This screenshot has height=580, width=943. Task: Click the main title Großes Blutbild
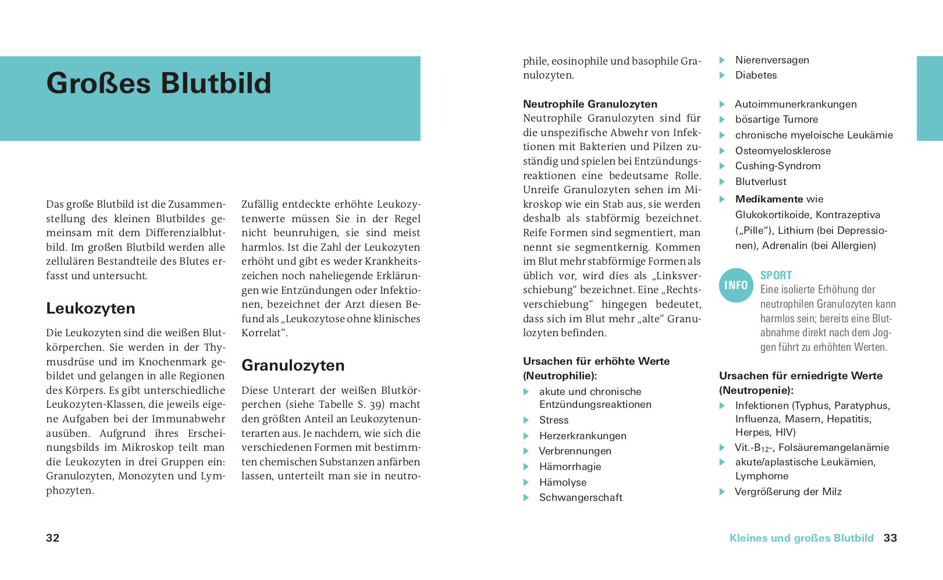[x=159, y=83]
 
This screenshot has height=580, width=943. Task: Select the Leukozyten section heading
[x=91, y=308]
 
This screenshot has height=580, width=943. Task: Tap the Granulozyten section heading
[x=293, y=365]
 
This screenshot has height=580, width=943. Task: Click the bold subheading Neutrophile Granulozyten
[x=590, y=104]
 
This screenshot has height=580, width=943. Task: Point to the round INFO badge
[x=736, y=285]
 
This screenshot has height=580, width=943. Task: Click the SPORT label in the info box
[x=776, y=275]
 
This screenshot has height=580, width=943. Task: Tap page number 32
[x=52, y=538]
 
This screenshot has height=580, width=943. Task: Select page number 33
[x=890, y=538]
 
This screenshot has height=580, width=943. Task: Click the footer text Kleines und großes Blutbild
[x=802, y=538]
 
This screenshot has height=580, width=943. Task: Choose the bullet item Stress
[x=554, y=420]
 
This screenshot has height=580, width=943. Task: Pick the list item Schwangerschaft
[x=581, y=497]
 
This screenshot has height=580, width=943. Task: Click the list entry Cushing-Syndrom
[x=778, y=166]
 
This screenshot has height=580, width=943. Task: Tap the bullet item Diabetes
[x=756, y=75]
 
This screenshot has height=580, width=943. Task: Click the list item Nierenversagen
[x=772, y=60]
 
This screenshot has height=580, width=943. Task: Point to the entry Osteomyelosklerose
[x=783, y=151]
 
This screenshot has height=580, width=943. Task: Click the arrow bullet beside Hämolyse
[x=526, y=482]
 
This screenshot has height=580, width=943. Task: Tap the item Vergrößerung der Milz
[x=788, y=492]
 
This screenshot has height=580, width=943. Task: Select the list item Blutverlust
[x=761, y=182]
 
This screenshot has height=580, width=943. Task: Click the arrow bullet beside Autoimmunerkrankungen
[x=722, y=105]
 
